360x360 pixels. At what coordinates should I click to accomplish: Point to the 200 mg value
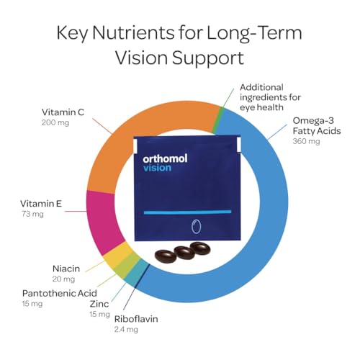(x=34, y=124)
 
